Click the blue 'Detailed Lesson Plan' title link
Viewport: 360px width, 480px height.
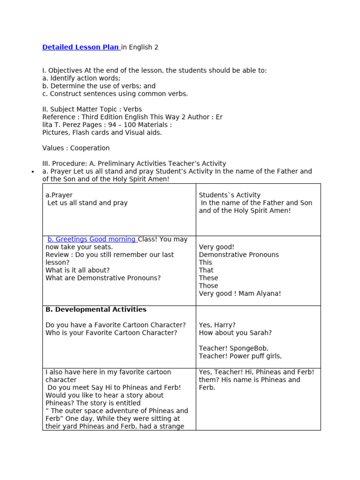[x=81, y=47]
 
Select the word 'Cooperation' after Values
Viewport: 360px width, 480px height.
[x=90, y=148]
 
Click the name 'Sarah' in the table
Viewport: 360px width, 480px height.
[x=261, y=333]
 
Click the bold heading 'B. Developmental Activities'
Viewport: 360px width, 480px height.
[x=96, y=309]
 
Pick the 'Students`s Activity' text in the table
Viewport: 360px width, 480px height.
[x=230, y=195]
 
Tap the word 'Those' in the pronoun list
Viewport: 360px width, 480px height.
[x=208, y=286]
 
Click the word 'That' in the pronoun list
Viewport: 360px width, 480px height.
[x=206, y=270]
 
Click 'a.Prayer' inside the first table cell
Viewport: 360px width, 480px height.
[x=59, y=195]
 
